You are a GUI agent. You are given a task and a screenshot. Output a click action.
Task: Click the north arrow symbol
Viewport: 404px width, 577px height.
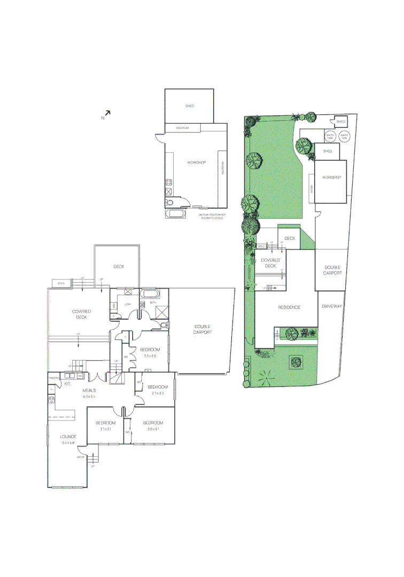[x=107, y=113]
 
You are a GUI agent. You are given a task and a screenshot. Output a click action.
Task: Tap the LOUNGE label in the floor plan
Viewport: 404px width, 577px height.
[x=68, y=436]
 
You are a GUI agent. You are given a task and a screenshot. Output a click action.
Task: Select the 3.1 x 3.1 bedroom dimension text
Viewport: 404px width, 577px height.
[x=105, y=429]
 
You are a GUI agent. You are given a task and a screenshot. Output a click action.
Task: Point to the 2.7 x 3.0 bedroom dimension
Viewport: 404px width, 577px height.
[x=157, y=393]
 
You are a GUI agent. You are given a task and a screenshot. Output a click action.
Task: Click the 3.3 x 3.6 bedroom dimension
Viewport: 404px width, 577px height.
[x=149, y=355]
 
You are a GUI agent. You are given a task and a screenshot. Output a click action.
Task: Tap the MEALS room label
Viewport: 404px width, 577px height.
[x=89, y=391]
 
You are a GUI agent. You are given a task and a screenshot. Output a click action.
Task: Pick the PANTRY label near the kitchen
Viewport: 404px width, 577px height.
[x=53, y=378]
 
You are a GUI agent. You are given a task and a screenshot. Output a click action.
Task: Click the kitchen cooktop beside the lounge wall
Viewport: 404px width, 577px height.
[x=52, y=400]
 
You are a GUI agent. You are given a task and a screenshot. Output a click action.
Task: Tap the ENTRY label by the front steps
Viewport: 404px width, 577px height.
[x=81, y=457]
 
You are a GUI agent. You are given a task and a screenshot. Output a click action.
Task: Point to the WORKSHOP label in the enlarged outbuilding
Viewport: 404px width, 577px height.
[x=196, y=162]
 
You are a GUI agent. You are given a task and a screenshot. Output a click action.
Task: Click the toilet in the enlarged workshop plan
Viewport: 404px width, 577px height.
[x=169, y=202]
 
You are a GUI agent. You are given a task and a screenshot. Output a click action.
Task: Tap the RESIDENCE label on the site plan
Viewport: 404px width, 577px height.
[x=289, y=307]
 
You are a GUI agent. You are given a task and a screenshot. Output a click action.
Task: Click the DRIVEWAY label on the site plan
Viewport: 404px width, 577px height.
[x=332, y=307]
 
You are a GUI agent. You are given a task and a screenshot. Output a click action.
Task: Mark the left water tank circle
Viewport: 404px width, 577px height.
[x=330, y=136]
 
